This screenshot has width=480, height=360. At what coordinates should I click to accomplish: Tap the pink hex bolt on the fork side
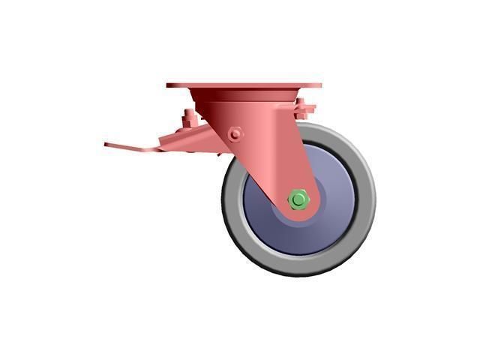click(x=236, y=133)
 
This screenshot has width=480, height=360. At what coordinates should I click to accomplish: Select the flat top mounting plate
click(x=244, y=85)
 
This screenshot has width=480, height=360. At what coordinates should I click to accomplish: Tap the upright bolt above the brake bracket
click(x=188, y=118)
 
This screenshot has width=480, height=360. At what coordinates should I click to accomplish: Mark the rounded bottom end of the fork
click(x=304, y=214)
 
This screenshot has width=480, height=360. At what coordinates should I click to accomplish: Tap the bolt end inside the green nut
click(x=298, y=199)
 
